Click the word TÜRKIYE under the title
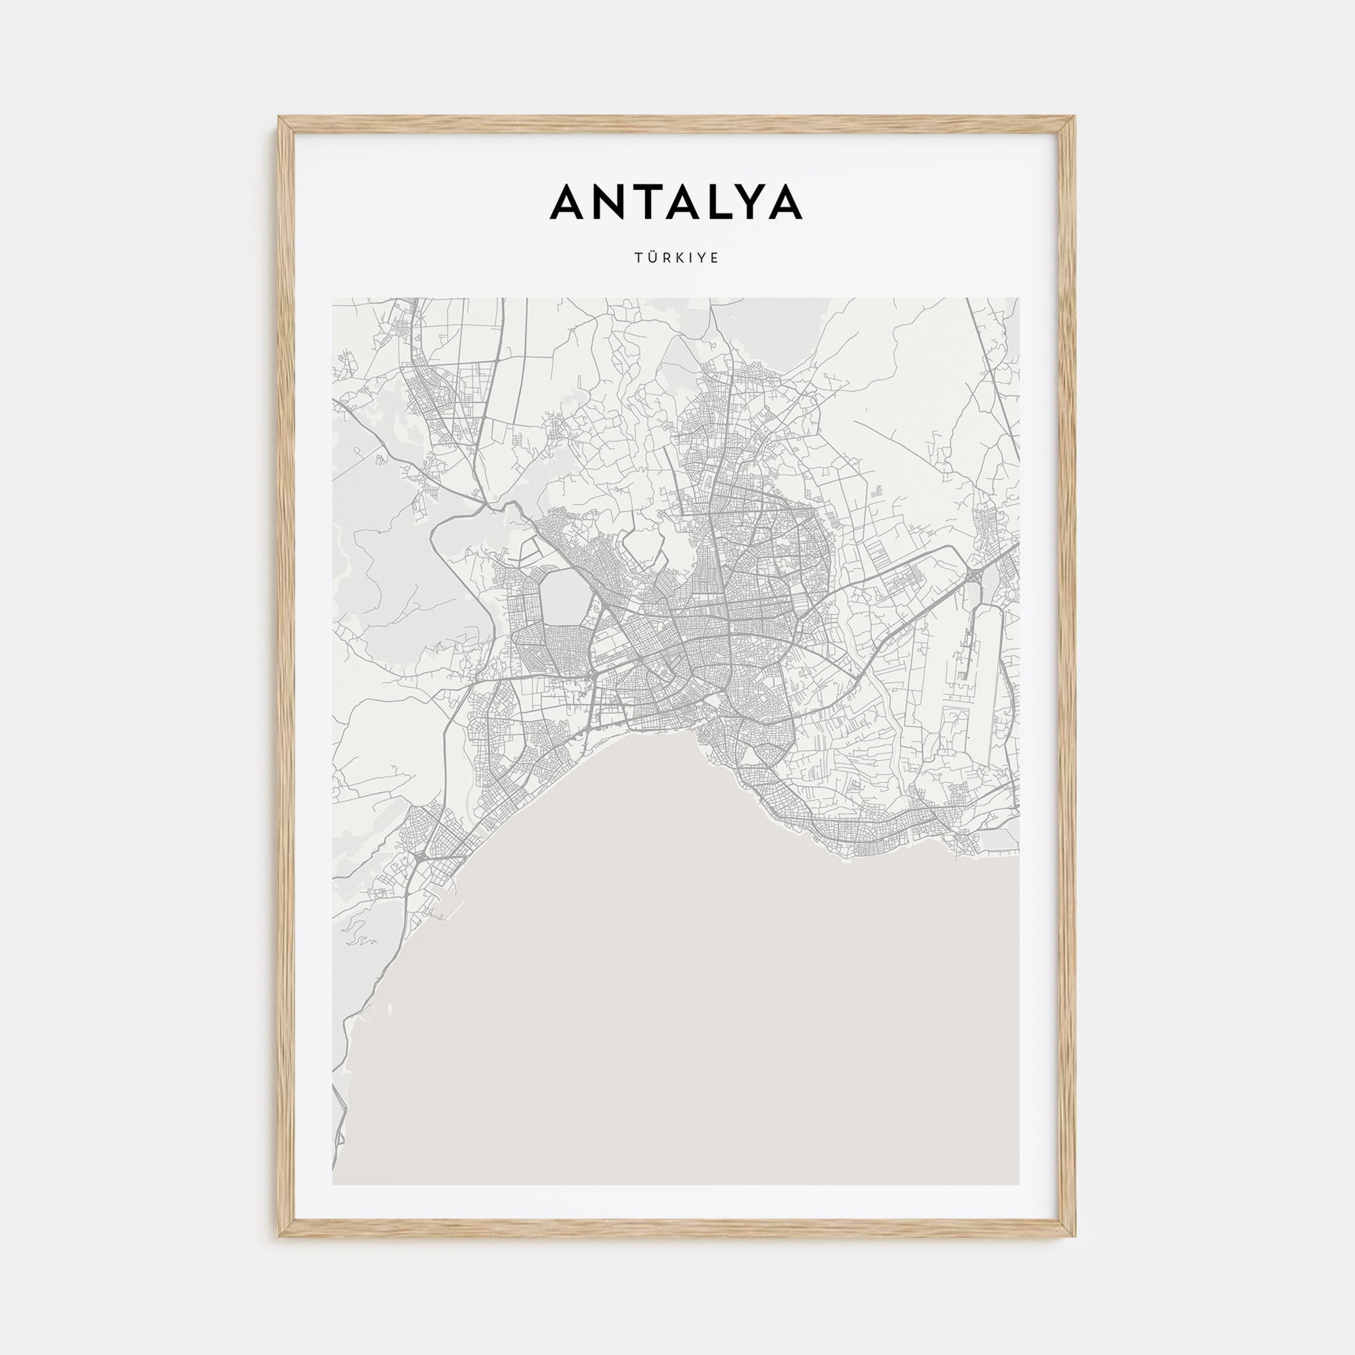[677, 258]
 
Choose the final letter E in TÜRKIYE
[715, 258]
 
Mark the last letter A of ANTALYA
[785, 202]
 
